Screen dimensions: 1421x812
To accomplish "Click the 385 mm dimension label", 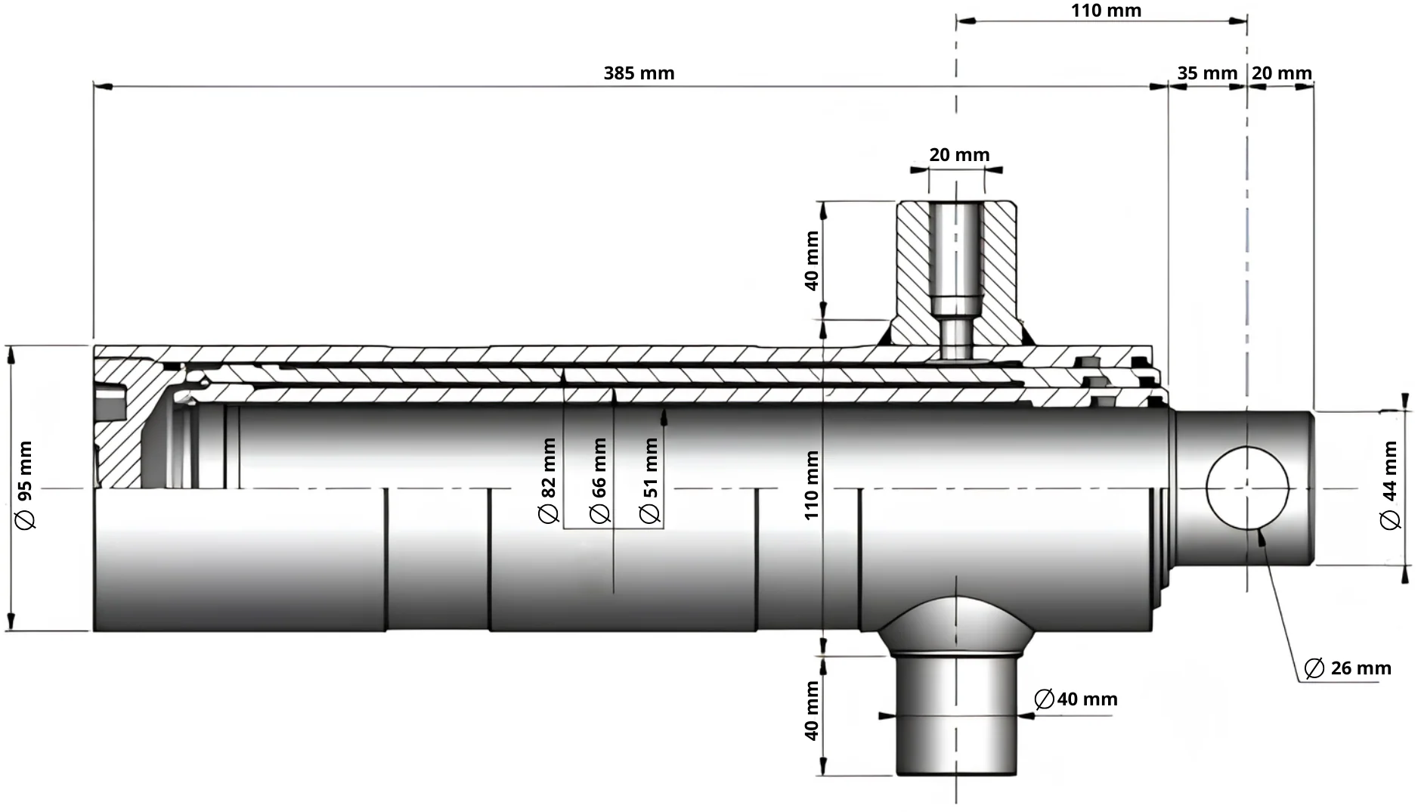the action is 639,73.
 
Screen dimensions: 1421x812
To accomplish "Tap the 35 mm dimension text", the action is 1207,73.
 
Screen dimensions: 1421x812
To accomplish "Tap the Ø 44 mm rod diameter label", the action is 1390,486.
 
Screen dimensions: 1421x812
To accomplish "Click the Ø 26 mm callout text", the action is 1348,668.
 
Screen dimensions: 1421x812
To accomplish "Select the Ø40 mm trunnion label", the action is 1076,699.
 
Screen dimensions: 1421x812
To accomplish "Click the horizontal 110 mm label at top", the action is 1106,11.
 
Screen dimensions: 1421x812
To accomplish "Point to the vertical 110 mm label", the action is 812,485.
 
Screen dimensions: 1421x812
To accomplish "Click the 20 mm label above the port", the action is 959,155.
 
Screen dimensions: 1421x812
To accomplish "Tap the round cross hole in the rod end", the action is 1247,488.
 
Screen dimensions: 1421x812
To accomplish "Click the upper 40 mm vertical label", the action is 812,261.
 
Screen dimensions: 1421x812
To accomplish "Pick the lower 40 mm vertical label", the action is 812,711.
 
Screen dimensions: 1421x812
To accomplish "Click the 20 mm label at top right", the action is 1282,73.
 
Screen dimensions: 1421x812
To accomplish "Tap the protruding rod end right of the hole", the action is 1300,488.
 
